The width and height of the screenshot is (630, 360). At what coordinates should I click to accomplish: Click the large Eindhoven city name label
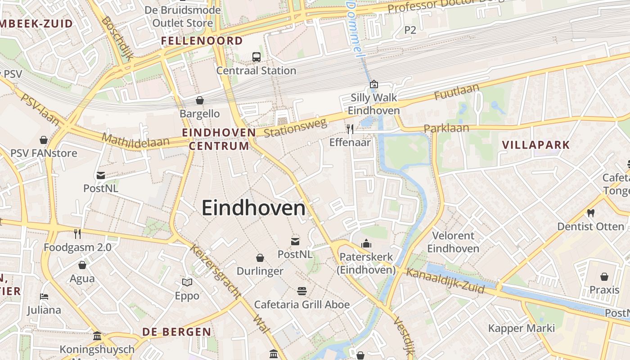pyautogui.click(x=253, y=208)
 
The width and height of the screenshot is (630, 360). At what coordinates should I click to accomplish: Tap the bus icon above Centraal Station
pyautogui.click(x=256, y=57)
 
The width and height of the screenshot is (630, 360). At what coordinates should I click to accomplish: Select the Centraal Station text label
pyautogui.click(x=256, y=71)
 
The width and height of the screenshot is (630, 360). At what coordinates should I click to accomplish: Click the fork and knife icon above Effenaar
pyautogui.click(x=350, y=129)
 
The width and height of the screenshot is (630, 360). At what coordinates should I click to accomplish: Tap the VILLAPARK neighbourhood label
pyautogui.click(x=535, y=145)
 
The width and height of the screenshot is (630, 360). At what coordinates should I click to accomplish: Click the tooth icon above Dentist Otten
pyautogui.click(x=590, y=213)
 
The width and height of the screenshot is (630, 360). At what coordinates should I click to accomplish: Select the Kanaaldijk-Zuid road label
pyautogui.click(x=445, y=280)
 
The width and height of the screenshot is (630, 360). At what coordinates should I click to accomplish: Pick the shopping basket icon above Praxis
pyautogui.click(x=604, y=276)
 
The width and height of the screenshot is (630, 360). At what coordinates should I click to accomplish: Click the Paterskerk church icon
pyautogui.click(x=366, y=244)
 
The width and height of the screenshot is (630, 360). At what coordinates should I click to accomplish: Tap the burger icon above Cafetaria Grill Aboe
pyautogui.click(x=301, y=291)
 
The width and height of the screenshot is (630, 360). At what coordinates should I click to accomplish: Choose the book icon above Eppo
pyautogui.click(x=187, y=282)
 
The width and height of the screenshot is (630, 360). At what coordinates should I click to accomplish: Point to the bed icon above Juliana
pyautogui.click(x=44, y=297)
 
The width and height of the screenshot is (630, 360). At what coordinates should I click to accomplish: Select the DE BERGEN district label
pyautogui.click(x=176, y=332)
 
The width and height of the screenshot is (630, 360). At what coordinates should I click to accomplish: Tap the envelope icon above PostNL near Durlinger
pyautogui.click(x=295, y=242)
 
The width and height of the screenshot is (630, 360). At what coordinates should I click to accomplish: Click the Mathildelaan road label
pyautogui.click(x=135, y=140)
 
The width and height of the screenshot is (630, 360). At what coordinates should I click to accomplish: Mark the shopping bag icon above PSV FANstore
pyautogui.click(x=44, y=140)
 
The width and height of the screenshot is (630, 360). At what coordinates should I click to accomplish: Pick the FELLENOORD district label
pyautogui.click(x=202, y=41)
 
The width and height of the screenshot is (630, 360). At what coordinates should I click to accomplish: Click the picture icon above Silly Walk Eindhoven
pyautogui.click(x=373, y=84)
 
